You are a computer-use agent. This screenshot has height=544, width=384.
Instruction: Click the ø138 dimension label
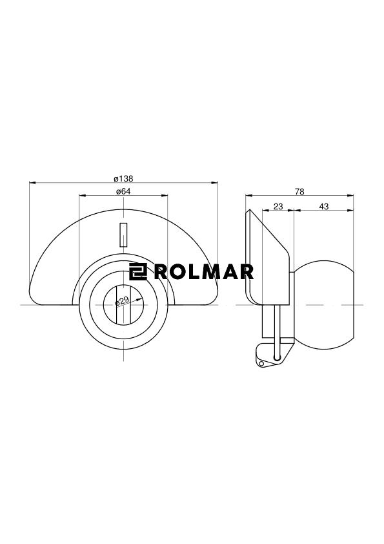(x=123, y=179)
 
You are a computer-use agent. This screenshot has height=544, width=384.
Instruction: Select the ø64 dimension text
(x=123, y=191)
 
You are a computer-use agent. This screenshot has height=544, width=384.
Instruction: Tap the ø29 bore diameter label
(x=123, y=301)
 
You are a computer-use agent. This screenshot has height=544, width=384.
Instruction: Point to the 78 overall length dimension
(x=299, y=191)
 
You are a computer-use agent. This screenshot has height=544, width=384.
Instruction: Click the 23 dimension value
(x=278, y=207)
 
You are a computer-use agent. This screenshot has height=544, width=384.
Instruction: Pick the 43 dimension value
(x=323, y=207)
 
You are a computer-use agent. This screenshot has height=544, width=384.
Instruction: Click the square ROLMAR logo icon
(x=138, y=271)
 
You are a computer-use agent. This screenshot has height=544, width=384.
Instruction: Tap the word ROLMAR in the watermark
(x=203, y=271)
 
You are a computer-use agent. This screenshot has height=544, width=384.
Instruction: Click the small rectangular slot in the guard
(x=123, y=235)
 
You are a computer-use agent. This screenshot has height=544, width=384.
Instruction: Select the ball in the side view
(x=324, y=304)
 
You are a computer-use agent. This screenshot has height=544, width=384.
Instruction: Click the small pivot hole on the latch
(x=261, y=363)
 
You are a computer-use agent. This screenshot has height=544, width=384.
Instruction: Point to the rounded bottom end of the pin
(x=277, y=357)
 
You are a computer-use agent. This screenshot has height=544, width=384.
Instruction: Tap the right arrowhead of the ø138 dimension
(x=214, y=182)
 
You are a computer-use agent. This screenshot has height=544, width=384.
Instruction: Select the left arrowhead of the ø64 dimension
(x=83, y=195)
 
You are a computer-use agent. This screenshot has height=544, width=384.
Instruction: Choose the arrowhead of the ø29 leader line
(x=139, y=300)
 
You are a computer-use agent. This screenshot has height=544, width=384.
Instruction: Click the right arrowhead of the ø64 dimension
(x=165, y=195)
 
